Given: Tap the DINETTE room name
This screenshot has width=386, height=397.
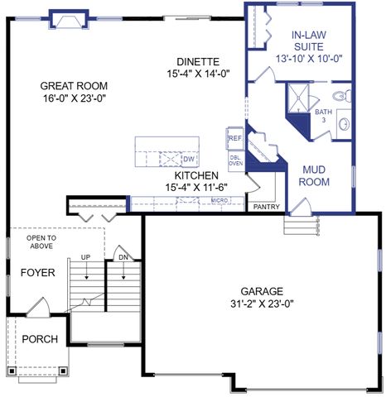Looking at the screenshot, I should pyautogui.click(x=198, y=61).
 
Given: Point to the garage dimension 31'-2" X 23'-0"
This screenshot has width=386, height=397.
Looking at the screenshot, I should pyautogui.click(x=262, y=304).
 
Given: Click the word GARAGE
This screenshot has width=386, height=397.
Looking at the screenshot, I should pyautogui.click(x=262, y=291).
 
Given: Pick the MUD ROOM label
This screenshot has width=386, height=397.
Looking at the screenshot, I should pyautogui.click(x=315, y=175).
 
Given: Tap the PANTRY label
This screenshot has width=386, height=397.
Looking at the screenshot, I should pyautogui.click(x=266, y=207).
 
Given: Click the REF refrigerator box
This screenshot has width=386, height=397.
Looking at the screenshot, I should pyautogui.click(x=234, y=138).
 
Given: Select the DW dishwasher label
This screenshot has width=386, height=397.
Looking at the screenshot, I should pyautogui.click(x=188, y=159).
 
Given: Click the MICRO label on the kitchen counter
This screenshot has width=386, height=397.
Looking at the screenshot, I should pyautogui.click(x=219, y=200).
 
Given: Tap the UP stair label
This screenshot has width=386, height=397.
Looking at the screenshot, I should pyautogui.click(x=86, y=258).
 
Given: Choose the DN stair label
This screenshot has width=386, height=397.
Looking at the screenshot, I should pyautogui.click(x=123, y=258).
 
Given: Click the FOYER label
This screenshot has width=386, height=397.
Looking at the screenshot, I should pyautogui.click(x=36, y=273).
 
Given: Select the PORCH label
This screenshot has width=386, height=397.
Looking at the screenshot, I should pyautogui.click(x=39, y=339).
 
